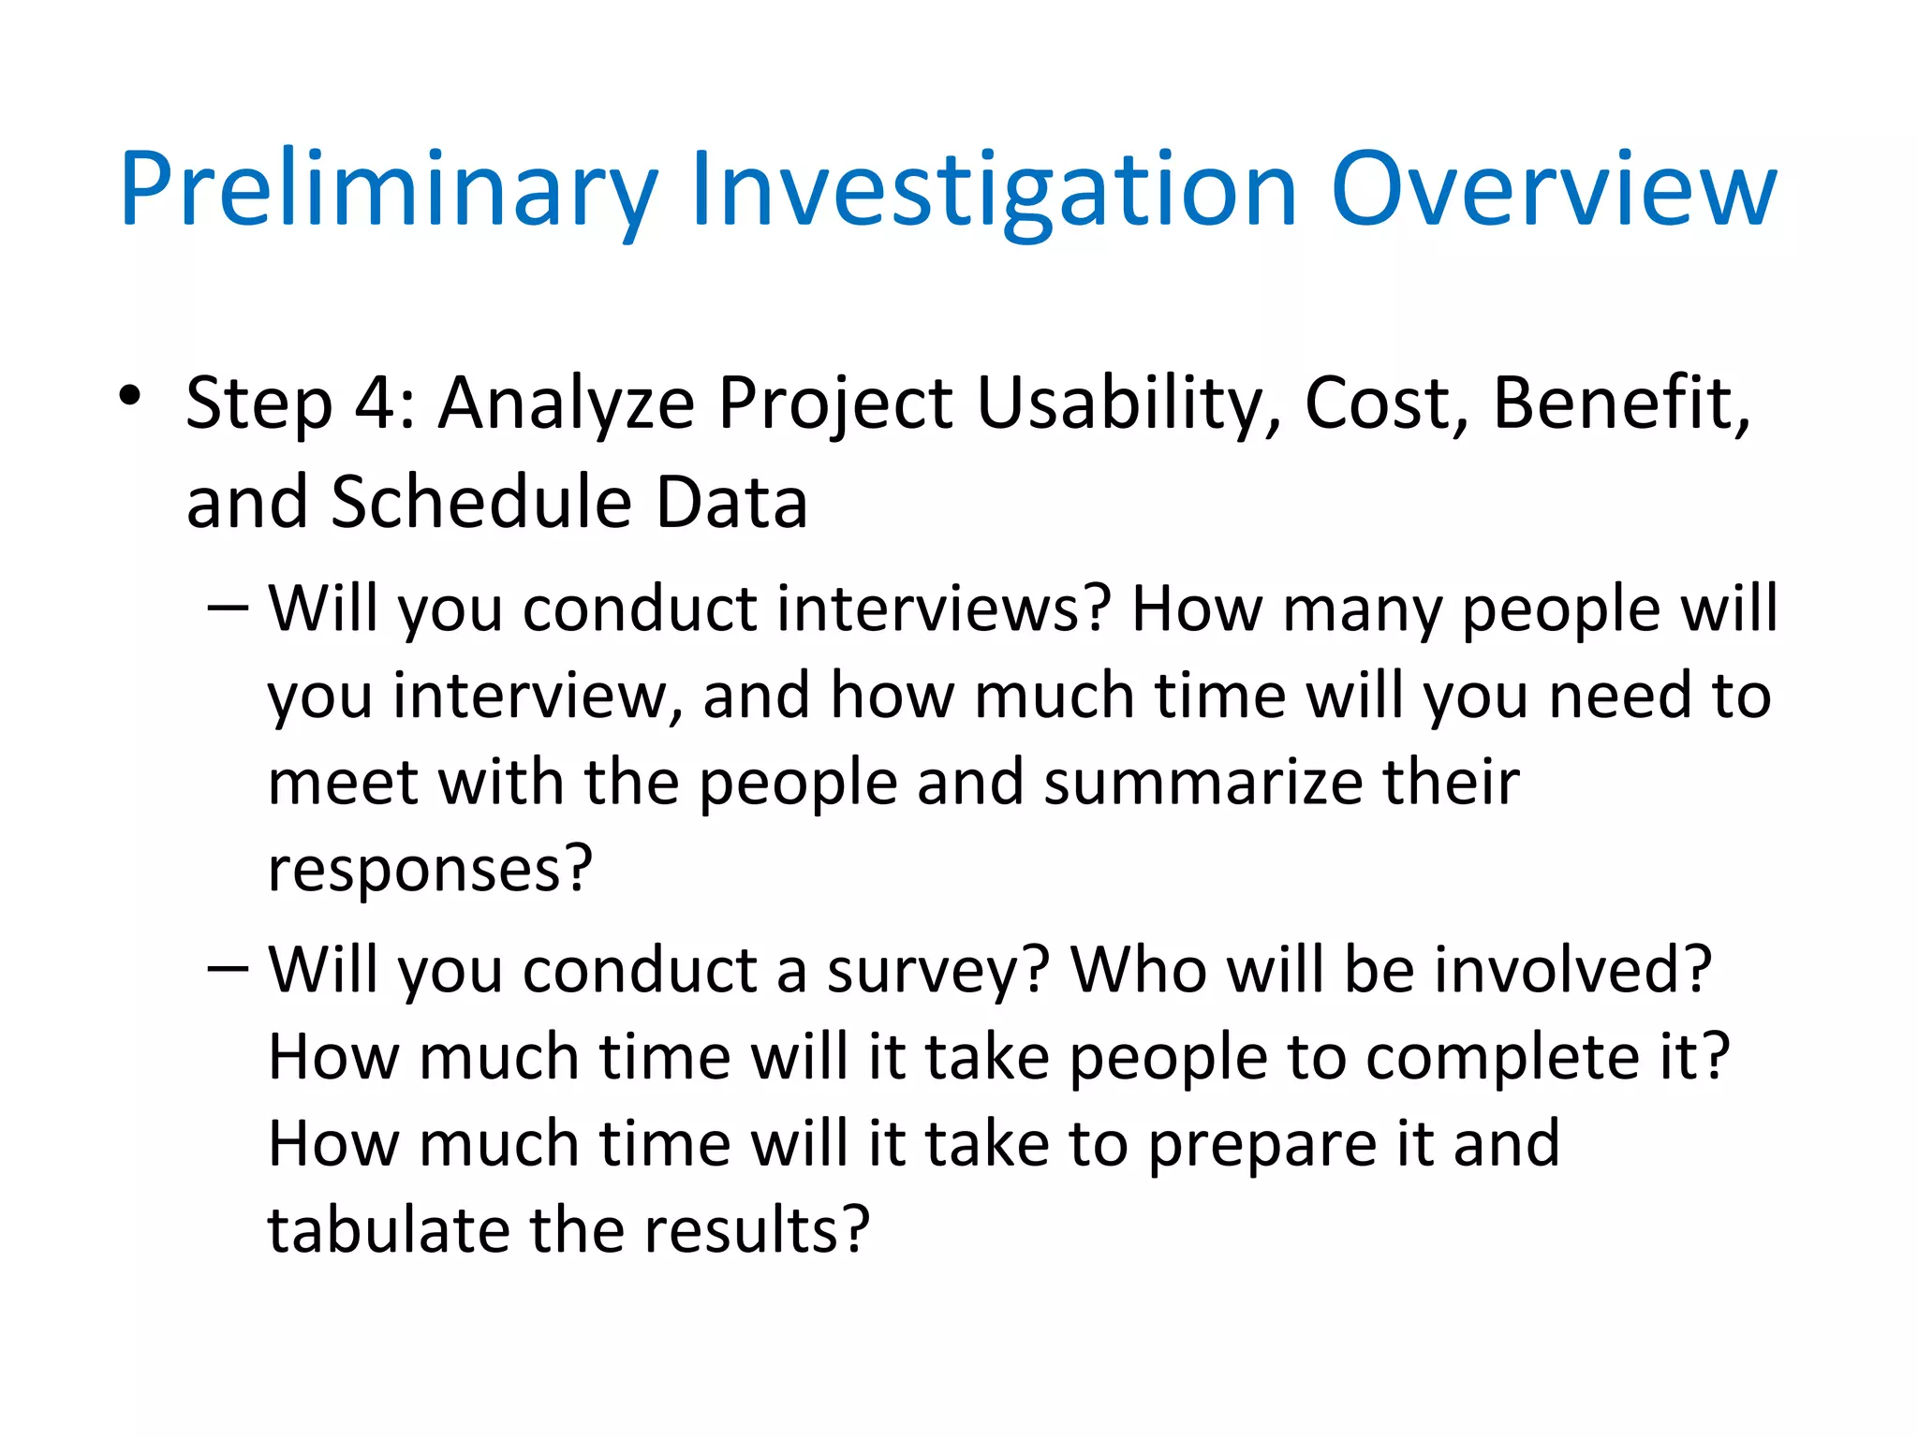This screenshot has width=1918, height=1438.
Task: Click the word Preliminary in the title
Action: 389,192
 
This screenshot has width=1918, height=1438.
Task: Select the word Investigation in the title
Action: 993,192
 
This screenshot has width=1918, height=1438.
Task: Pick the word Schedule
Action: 477,503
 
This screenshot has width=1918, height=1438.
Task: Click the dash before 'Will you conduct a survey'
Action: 228,970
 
